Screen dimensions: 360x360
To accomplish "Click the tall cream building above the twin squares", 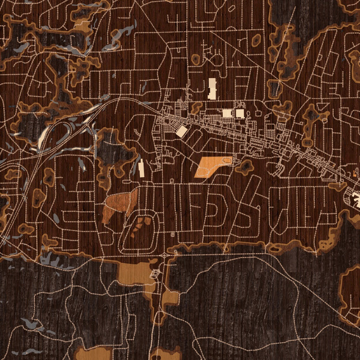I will [212, 88].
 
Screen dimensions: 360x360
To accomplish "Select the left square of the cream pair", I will [227, 113].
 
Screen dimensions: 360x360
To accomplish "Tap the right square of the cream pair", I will [240, 113].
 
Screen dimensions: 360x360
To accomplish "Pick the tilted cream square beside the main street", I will [181, 131].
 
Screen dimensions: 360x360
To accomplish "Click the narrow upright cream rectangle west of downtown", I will [141, 168].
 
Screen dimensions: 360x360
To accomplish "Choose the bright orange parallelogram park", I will [211, 167].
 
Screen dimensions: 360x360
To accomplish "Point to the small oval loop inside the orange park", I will [227, 160].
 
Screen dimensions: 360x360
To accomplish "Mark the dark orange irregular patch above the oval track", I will [119, 205].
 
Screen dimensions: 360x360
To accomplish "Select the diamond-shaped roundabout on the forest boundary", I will [164, 255].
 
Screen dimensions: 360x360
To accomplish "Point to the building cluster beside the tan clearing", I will [153, 273].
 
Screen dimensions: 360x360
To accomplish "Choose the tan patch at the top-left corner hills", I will [82, 25].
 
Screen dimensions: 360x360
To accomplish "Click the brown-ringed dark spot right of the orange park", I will [245, 166].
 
